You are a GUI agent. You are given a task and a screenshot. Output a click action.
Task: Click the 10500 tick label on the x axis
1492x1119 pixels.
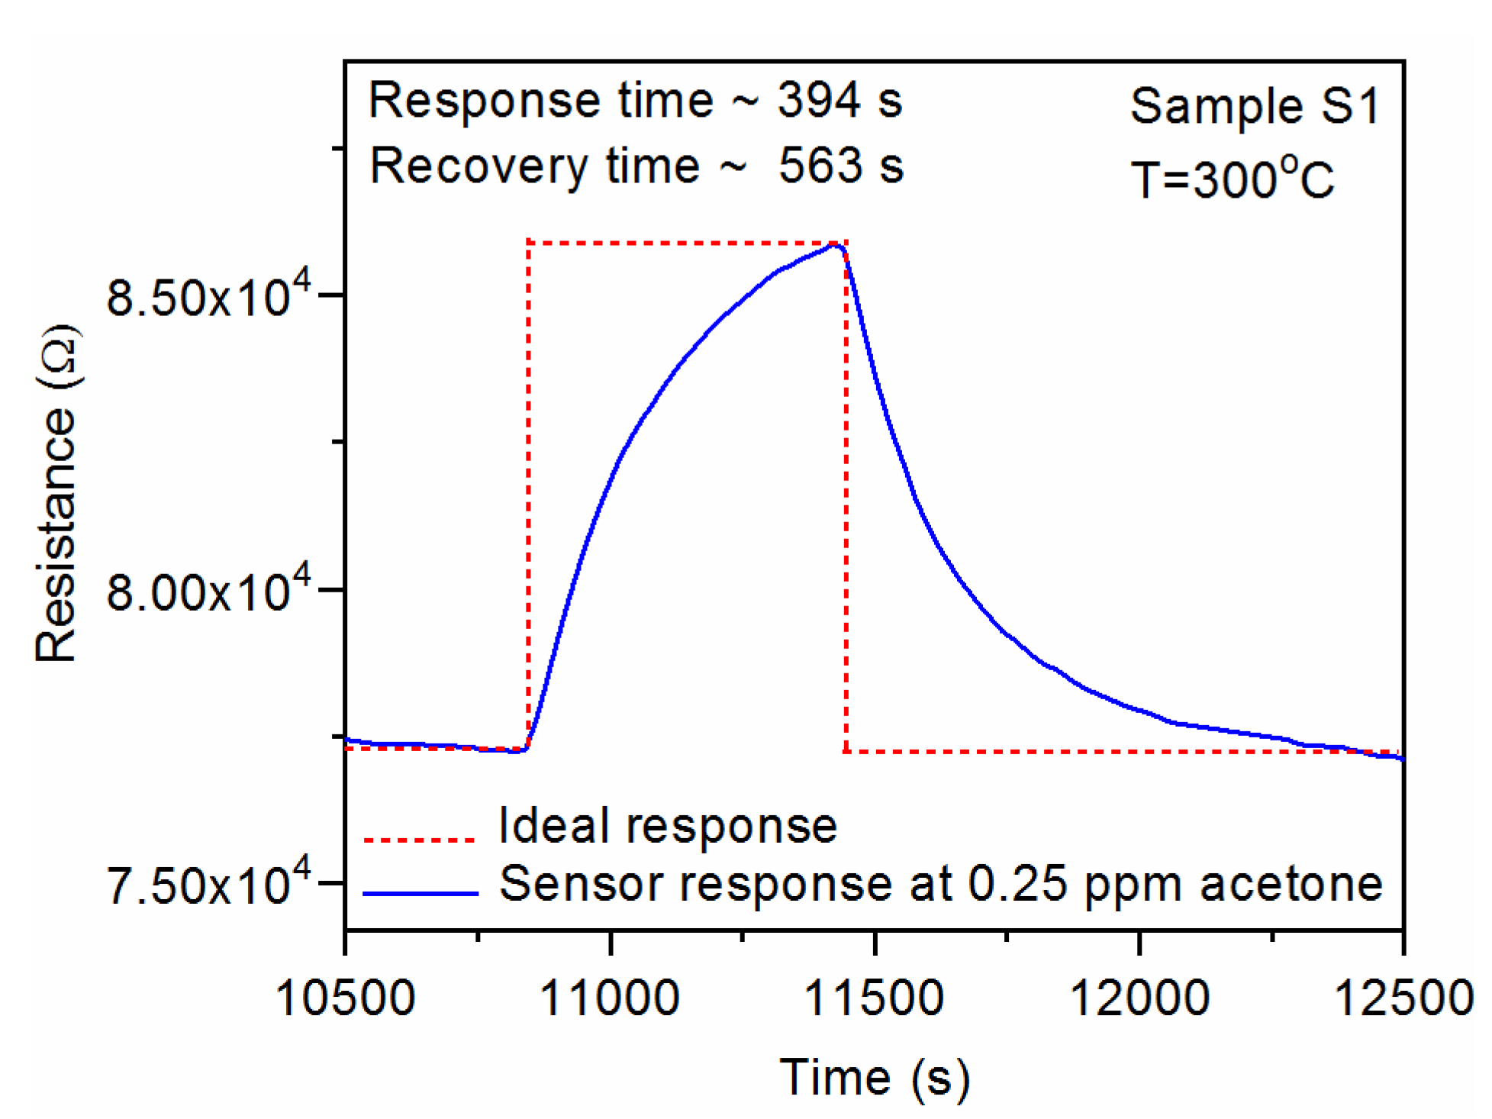[345, 998]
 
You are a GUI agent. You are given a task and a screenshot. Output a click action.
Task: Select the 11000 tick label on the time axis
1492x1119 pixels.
[609, 998]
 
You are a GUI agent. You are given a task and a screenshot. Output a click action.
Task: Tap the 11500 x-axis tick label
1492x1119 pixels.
[874, 998]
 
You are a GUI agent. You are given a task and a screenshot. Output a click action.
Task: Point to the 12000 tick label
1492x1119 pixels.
[1139, 998]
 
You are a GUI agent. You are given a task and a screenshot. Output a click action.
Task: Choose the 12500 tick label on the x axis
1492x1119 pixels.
[1403, 998]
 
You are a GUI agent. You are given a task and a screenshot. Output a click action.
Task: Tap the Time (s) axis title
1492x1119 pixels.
[875, 1078]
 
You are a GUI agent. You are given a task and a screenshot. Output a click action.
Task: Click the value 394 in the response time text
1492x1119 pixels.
[819, 100]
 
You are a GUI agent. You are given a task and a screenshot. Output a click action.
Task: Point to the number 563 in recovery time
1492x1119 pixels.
[820, 166]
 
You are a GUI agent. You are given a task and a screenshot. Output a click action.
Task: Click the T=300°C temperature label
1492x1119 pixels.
[1232, 180]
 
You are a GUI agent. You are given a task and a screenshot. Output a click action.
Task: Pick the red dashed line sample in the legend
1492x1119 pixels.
[420, 840]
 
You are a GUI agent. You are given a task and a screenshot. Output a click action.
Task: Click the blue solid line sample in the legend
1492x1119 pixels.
[420, 892]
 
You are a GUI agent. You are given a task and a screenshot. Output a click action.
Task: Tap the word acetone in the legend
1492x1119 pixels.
[1291, 884]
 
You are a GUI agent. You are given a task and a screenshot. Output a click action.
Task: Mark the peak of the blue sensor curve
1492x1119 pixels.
[835, 245]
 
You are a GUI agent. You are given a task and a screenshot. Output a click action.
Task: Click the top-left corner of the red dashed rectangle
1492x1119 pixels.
[528, 242]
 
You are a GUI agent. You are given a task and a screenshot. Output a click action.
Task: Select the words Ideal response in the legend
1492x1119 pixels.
[668, 826]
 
